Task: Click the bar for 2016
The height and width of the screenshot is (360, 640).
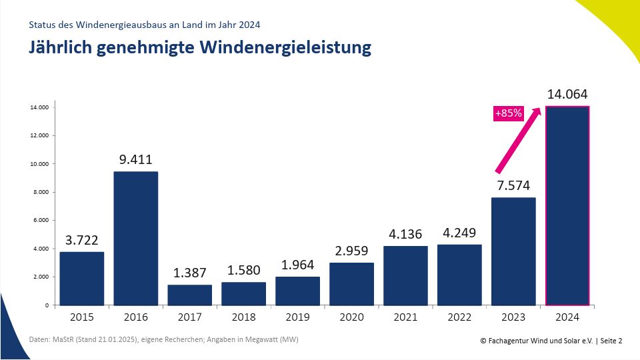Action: tap(136, 238)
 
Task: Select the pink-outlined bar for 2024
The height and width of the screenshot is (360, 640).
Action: tap(567, 205)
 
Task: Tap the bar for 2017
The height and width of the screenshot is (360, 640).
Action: tap(189, 295)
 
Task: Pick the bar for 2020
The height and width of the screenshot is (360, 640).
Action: tap(351, 283)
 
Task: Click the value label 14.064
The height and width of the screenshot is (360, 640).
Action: tap(567, 94)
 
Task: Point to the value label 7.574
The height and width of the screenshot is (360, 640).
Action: tap(513, 185)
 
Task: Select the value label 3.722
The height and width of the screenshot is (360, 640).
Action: tap(81, 239)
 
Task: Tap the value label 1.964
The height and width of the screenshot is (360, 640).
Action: tap(297, 265)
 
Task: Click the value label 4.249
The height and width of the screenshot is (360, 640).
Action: tap(459, 233)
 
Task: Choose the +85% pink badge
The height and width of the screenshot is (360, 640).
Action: tap(508, 113)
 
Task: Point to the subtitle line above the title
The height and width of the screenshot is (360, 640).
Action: tap(144, 25)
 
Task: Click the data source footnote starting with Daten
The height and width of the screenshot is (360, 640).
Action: tap(163, 340)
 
